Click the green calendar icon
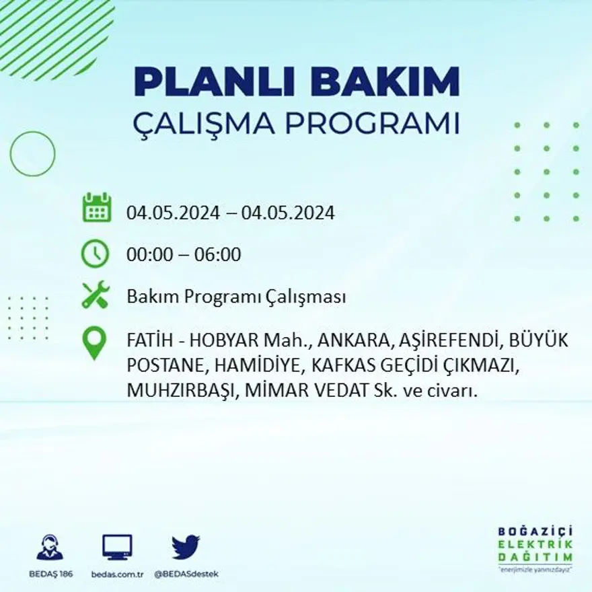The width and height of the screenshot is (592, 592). point(96,208)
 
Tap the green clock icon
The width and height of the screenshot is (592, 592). point(95,254)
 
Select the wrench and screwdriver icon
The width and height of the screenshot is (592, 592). point(95,296)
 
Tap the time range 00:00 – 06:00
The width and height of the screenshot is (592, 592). point(184,255)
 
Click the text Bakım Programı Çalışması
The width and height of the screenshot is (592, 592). point(236,297)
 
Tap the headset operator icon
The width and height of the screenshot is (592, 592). point(50,548)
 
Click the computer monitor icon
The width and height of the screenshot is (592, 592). point(118,547)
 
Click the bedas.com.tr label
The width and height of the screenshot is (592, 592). point(118,574)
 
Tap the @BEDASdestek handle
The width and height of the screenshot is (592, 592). point(186,574)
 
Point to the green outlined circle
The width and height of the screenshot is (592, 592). point(32,154)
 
